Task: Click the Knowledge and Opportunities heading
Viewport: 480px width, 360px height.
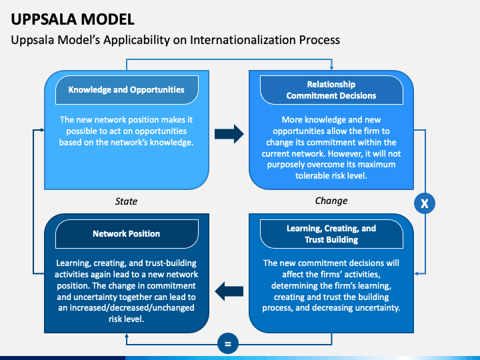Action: (x=126, y=89)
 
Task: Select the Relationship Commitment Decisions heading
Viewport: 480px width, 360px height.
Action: (x=331, y=90)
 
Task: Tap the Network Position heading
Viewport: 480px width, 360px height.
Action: (x=126, y=234)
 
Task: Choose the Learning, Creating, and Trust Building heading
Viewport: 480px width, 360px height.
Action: (x=331, y=234)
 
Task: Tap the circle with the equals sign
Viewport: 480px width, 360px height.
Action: (x=227, y=344)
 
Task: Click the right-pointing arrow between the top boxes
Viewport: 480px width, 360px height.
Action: (x=229, y=134)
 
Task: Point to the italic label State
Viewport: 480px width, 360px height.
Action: (x=126, y=201)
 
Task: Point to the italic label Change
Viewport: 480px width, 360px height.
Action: (x=331, y=201)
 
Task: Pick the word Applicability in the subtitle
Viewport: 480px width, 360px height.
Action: (x=139, y=40)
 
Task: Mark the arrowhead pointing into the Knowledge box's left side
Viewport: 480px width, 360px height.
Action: (x=41, y=130)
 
